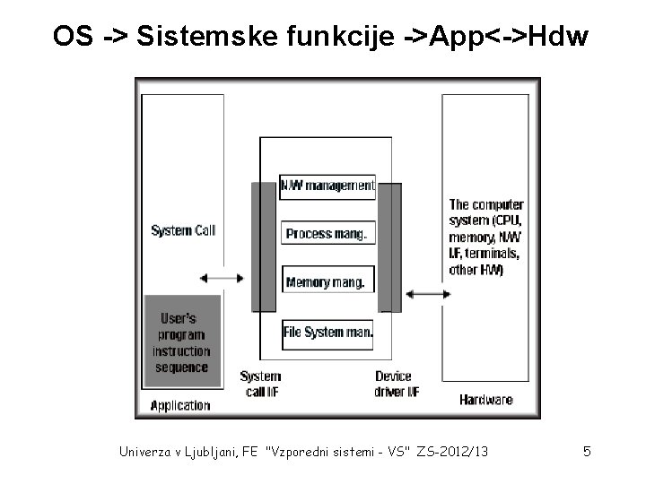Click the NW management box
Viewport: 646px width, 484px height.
[x=327, y=186]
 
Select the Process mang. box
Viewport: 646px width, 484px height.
[x=327, y=234]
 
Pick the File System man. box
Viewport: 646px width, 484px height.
[x=327, y=333]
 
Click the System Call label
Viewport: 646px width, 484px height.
[x=183, y=230]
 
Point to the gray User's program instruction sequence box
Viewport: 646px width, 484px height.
[x=182, y=342]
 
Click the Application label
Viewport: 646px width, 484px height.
[x=180, y=405]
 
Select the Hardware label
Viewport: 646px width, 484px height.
[x=485, y=399]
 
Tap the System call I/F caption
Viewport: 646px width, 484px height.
[x=261, y=384]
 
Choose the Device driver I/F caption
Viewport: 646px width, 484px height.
[x=394, y=384]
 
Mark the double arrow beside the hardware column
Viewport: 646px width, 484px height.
[x=425, y=294]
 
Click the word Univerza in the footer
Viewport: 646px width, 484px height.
[x=147, y=452]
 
